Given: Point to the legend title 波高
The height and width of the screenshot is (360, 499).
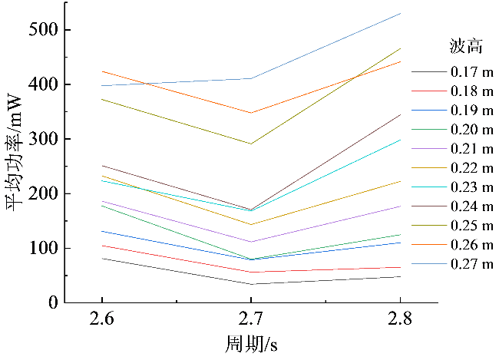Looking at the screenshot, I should point(465,47).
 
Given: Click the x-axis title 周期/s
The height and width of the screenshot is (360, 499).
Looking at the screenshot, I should point(250,342).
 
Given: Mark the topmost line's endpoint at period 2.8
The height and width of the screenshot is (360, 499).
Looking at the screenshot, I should point(400,14).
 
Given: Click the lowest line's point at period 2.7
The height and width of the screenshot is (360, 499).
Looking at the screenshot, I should point(250,284).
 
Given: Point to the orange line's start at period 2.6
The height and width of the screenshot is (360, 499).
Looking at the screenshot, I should point(101,71).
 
